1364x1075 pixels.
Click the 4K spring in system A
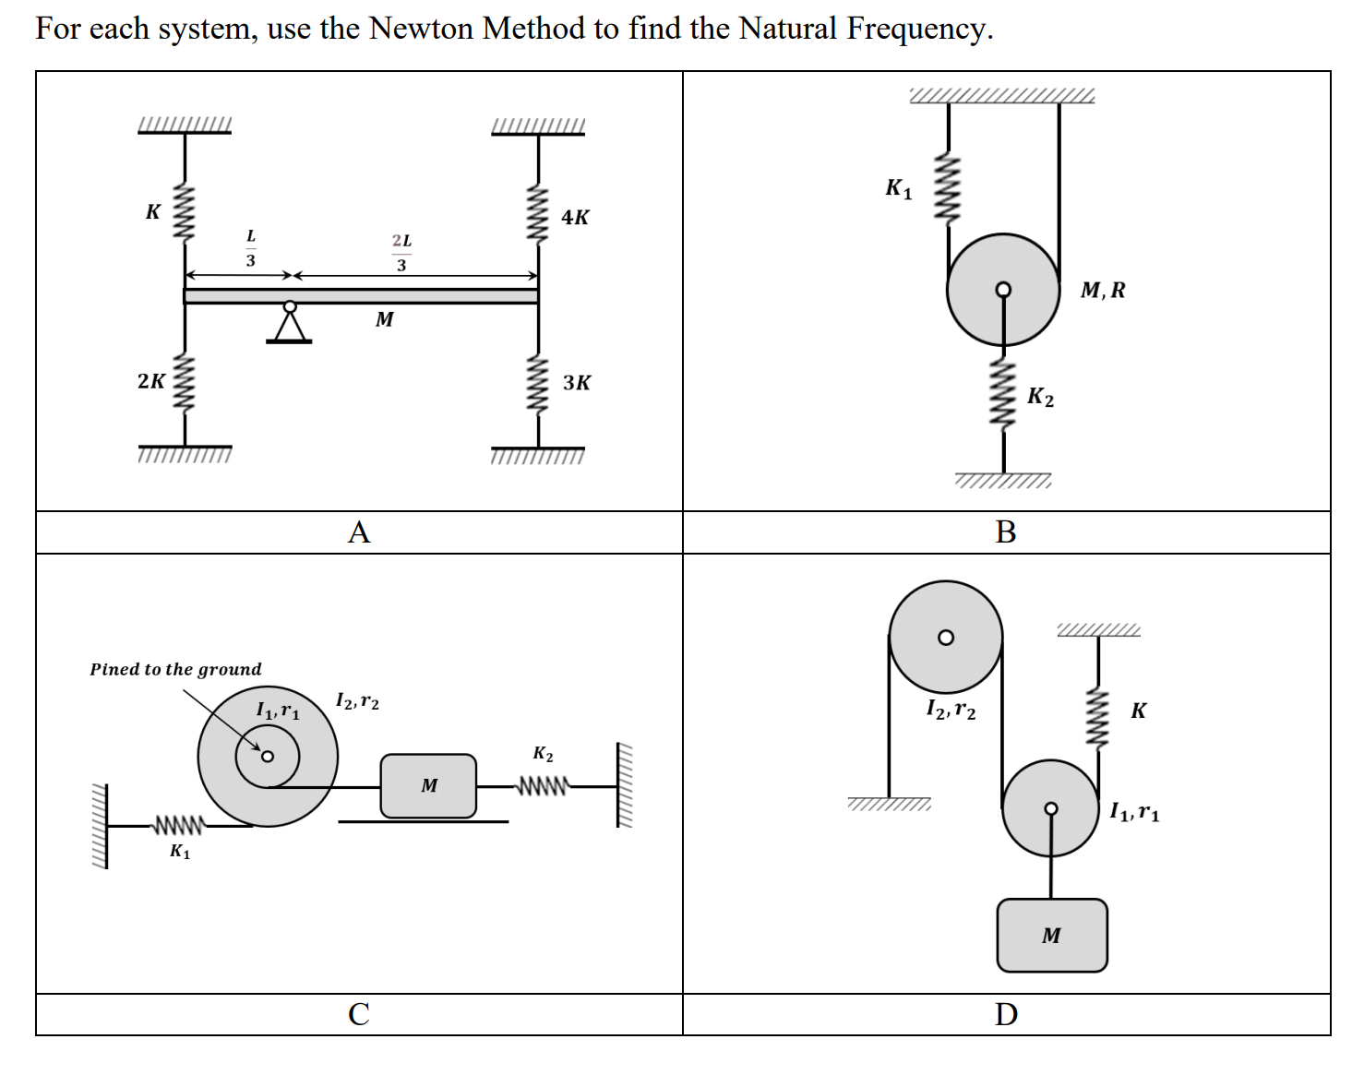(x=538, y=215)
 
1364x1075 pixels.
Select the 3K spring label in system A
(x=577, y=383)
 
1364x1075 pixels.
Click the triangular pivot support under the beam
(x=290, y=325)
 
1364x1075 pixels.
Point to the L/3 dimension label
(x=250, y=248)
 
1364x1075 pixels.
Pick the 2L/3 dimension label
(x=401, y=252)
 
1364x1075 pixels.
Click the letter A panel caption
(x=359, y=532)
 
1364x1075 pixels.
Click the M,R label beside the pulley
(x=1103, y=291)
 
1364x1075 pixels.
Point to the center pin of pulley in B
(x=1003, y=290)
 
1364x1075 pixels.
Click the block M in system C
(x=428, y=786)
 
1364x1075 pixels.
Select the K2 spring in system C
(x=543, y=786)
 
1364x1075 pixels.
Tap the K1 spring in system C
(x=179, y=824)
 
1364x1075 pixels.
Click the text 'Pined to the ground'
(x=175, y=669)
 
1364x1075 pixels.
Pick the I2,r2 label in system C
(x=357, y=701)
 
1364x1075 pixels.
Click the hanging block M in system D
(x=1051, y=935)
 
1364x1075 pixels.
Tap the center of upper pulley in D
(x=945, y=638)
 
